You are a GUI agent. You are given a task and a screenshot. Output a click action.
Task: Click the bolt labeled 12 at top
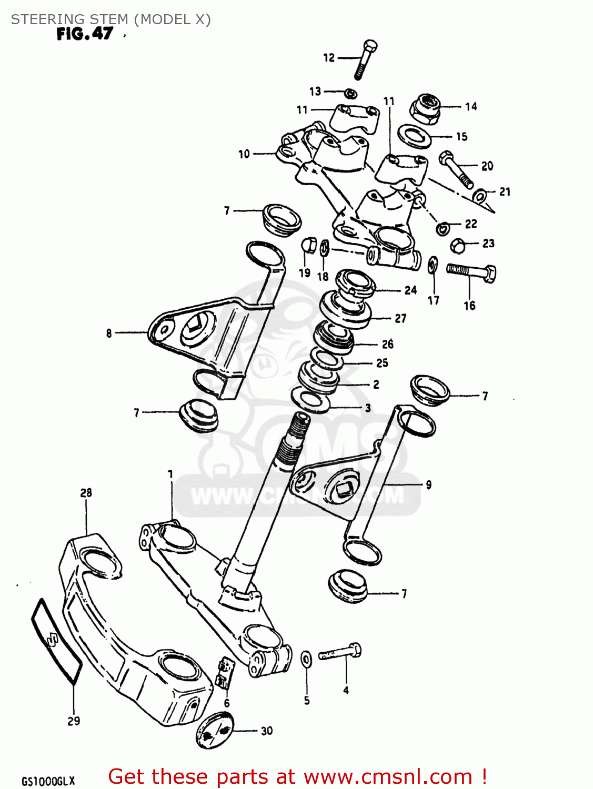pyautogui.click(x=365, y=59)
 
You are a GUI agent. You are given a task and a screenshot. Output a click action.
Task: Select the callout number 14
pyautogui.click(x=470, y=107)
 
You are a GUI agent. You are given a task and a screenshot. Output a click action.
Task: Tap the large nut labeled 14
pyautogui.click(x=425, y=108)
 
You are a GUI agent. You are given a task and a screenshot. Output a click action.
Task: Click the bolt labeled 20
pyautogui.click(x=456, y=168)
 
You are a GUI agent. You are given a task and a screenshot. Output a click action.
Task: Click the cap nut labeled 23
pyautogui.click(x=458, y=245)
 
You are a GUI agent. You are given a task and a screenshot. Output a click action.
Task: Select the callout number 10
pyautogui.click(x=244, y=154)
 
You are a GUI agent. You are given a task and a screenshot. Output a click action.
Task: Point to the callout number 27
pyautogui.click(x=400, y=318)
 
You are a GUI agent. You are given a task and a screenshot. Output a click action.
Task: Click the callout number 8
pyautogui.click(x=109, y=333)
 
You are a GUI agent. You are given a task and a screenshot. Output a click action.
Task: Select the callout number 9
pyautogui.click(x=428, y=484)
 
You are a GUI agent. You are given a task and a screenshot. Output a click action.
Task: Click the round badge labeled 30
pyautogui.click(x=214, y=730)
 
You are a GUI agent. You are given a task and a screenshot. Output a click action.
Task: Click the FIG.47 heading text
pyautogui.click(x=85, y=34)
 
